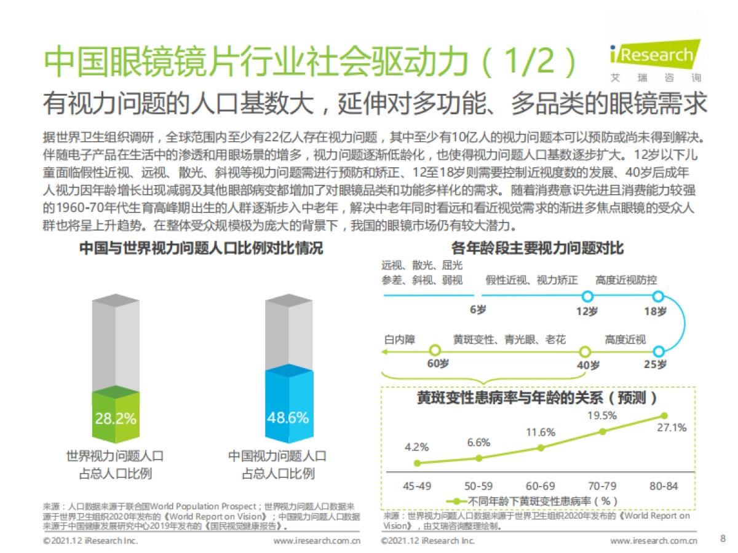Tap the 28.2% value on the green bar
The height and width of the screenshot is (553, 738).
116,419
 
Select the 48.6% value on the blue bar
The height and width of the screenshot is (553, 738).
287,418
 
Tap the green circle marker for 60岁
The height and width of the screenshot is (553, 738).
434,351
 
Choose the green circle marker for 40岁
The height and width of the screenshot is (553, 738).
585,351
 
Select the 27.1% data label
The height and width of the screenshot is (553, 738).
672,428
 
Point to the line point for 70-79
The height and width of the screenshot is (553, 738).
602,431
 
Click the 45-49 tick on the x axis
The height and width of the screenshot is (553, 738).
417,486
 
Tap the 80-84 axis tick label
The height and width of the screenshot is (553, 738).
664,486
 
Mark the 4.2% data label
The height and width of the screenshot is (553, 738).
416,447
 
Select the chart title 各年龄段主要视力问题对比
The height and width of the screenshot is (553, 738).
538,249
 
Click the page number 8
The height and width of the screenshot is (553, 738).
722,539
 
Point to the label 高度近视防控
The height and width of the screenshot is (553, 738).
626,280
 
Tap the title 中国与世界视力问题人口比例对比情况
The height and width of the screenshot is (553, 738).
201,249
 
